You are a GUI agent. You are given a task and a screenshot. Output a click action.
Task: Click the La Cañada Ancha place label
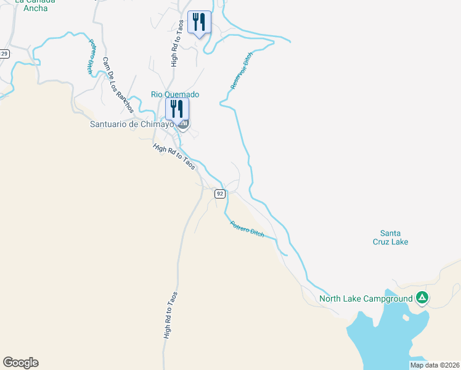pyautogui.click(x=35, y=4)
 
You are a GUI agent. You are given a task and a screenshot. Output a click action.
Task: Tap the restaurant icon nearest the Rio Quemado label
pyautogui.click(x=177, y=109)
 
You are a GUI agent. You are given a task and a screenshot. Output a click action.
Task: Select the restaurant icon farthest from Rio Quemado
pyautogui.click(x=199, y=22)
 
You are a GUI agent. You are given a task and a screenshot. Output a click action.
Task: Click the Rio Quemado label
pyautogui.click(x=175, y=94)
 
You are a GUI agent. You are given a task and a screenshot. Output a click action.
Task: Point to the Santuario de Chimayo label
pyautogui.click(x=132, y=124)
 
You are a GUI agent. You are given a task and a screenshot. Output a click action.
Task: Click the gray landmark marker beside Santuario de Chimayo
pyautogui.click(x=183, y=125)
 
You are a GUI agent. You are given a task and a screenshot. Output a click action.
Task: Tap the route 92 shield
pyautogui.click(x=220, y=194)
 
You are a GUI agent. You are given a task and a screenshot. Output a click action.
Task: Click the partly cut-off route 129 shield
pyautogui.click(x=4, y=54)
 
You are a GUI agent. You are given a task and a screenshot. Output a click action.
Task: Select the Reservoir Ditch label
pyautogui.click(x=242, y=72)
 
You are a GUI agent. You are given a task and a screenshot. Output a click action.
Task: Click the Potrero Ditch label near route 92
pyautogui.click(x=247, y=229)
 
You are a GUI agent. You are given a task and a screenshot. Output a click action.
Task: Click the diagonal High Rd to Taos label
pyautogui.click(x=174, y=157)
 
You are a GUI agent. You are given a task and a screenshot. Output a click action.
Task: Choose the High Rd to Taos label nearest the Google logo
pyautogui.click(x=171, y=315)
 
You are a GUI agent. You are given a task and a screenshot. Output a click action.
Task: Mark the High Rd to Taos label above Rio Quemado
pyautogui.click(x=177, y=43)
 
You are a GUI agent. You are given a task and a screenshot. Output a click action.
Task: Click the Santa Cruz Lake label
pyautogui.click(x=394, y=237)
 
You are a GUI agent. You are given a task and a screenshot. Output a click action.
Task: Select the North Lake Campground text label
pyautogui.click(x=365, y=300)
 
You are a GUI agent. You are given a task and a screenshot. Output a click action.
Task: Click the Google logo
pyautogui.click(x=20, y=363)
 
